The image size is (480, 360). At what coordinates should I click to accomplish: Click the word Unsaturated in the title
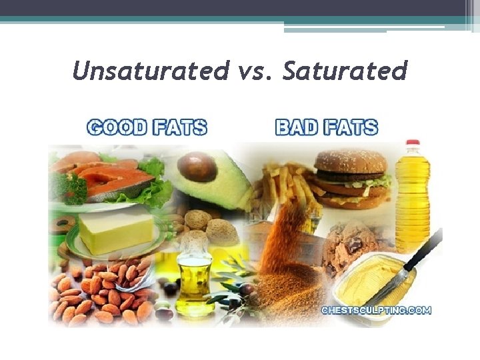149,70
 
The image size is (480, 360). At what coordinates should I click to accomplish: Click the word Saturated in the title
345,70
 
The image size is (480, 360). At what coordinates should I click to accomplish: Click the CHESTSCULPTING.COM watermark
376,310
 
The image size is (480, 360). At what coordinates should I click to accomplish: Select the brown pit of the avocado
198,166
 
